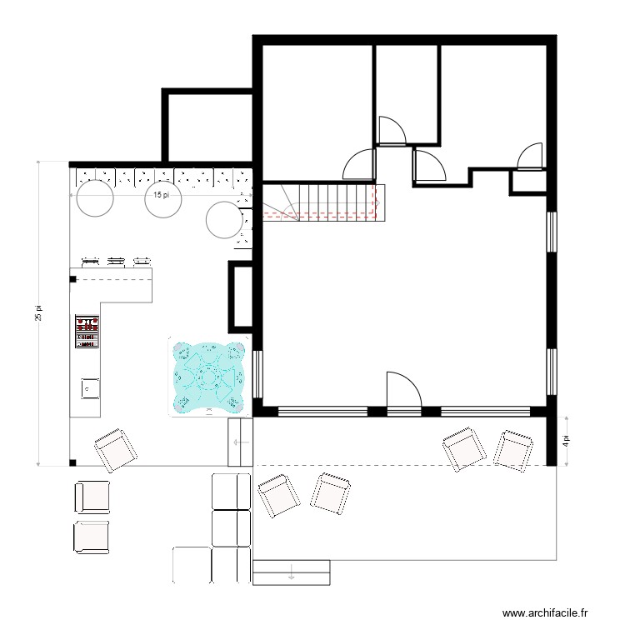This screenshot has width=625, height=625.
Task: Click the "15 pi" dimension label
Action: [x=162, y=195]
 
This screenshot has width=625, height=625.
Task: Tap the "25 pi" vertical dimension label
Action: [x=37, y=312]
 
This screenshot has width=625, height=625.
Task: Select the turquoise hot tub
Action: [x=207, y=376]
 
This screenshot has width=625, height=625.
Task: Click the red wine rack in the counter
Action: [x=87, y=331]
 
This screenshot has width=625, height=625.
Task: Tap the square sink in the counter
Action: [x=87, y=387]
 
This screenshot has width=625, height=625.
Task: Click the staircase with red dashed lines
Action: [x=322, y=202]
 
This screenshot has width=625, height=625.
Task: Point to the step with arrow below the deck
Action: [x=291, y=572]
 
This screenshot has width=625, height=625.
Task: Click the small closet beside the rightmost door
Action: [x=527, y=182]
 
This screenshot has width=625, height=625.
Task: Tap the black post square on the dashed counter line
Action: [x=73, y=279]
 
